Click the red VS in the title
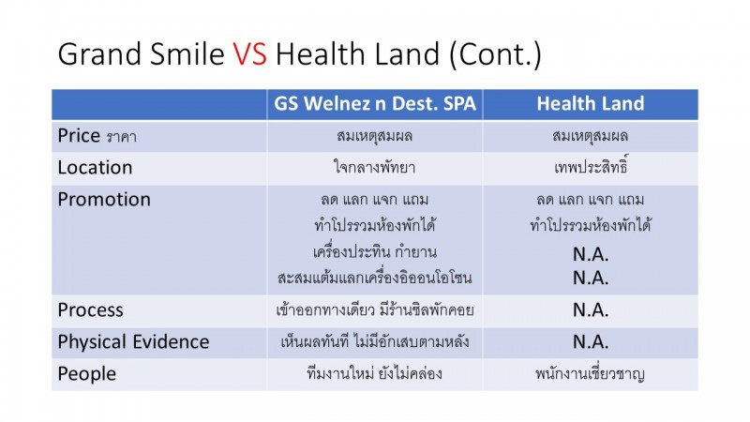(x=250, y=53)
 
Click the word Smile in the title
(x=187, y=53)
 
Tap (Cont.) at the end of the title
(x=495, y=54)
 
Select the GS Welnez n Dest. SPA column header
(x=375, y=103)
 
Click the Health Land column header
(x=591, y=103)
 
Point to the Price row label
(x=97, y=136)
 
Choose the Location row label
(x=95, y=168)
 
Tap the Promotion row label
(x=104, y=200)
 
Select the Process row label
(x=90, y=310)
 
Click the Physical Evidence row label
(x=133, y=341)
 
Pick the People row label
(x=86, y=373)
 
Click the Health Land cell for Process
(x=591, y=310)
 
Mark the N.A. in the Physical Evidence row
(x=591, y=341)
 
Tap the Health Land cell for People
(x=591, y=373)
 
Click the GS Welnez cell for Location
(x=374, y=167)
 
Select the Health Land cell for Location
(x=592, y=166)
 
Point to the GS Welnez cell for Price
(x=374, y=136)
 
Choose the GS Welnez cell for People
(x=374, y=373)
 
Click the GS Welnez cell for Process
(x=374, y=310)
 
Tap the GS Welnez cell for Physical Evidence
(x=374, y=341)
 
